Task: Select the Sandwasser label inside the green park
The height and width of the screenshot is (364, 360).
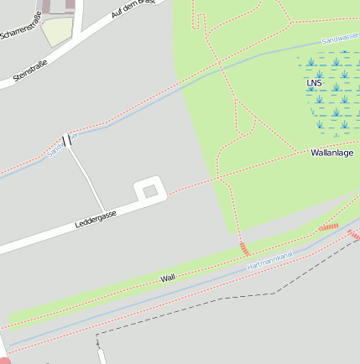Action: click(x=341, y=38)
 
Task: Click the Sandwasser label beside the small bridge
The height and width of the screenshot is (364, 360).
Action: click(x=60, y=146)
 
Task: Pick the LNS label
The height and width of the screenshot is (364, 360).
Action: click(x=314, y=83)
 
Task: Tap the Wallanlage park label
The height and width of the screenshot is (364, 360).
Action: click(x=332, y=153)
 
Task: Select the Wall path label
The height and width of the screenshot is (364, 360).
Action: click(x=168, y=277)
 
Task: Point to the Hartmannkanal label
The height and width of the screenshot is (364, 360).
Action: click(x=270, y=260)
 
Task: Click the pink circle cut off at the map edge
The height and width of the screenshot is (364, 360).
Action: click(x=4, y=359)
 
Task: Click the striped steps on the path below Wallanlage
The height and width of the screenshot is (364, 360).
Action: click(x=245, y=248)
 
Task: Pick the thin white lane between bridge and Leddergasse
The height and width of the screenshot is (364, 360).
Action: click(x=86, y=176)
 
